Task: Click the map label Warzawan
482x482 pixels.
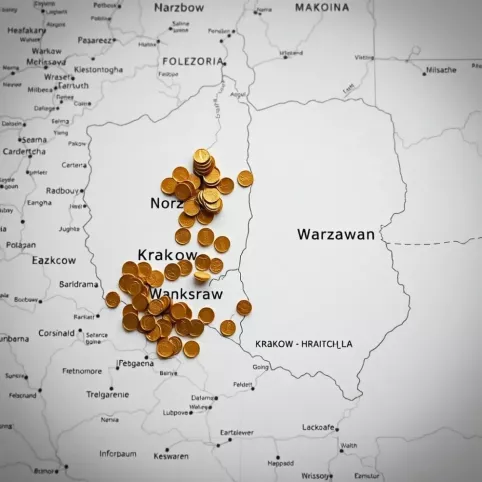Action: [336, 234]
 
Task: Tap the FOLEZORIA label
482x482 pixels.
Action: [193, 61]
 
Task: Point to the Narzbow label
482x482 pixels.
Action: [181, 7]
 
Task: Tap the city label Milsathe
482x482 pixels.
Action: [441, 70]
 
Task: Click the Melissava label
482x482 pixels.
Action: [46, 62]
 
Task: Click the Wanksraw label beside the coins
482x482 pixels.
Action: [186, 293]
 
